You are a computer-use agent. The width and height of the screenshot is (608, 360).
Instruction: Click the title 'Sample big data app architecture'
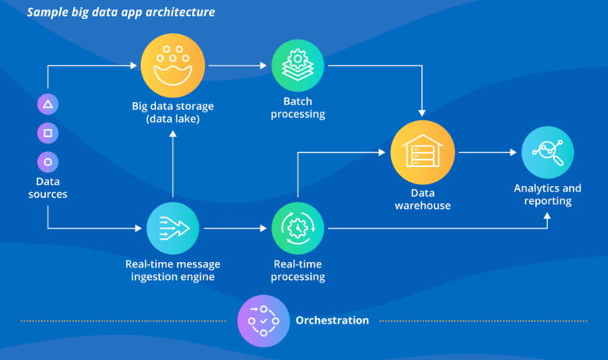[120, 13]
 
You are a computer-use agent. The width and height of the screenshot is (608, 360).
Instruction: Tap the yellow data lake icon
[173, 66]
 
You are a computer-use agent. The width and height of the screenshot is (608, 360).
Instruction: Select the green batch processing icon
[298, 66]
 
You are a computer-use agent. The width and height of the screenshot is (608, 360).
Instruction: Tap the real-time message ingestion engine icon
[173, 227]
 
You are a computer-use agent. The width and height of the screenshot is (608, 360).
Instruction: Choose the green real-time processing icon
[298, 227]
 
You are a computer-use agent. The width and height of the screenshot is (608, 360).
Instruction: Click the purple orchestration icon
[264, 321]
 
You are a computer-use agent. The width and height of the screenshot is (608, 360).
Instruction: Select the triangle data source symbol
[47, 104]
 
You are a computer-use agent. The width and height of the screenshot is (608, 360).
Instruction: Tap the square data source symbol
[47, 133]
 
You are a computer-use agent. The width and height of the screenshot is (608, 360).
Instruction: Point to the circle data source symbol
[47, 161]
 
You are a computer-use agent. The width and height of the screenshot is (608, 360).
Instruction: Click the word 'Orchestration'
[332, 320]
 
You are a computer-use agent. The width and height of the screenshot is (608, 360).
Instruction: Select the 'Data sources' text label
[47, 188]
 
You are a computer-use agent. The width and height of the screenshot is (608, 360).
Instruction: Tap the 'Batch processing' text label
[298, 108]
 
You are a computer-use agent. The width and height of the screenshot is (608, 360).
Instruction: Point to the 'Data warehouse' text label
[423, 199]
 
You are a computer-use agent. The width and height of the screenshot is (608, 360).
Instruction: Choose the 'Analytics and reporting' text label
[547, 195]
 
